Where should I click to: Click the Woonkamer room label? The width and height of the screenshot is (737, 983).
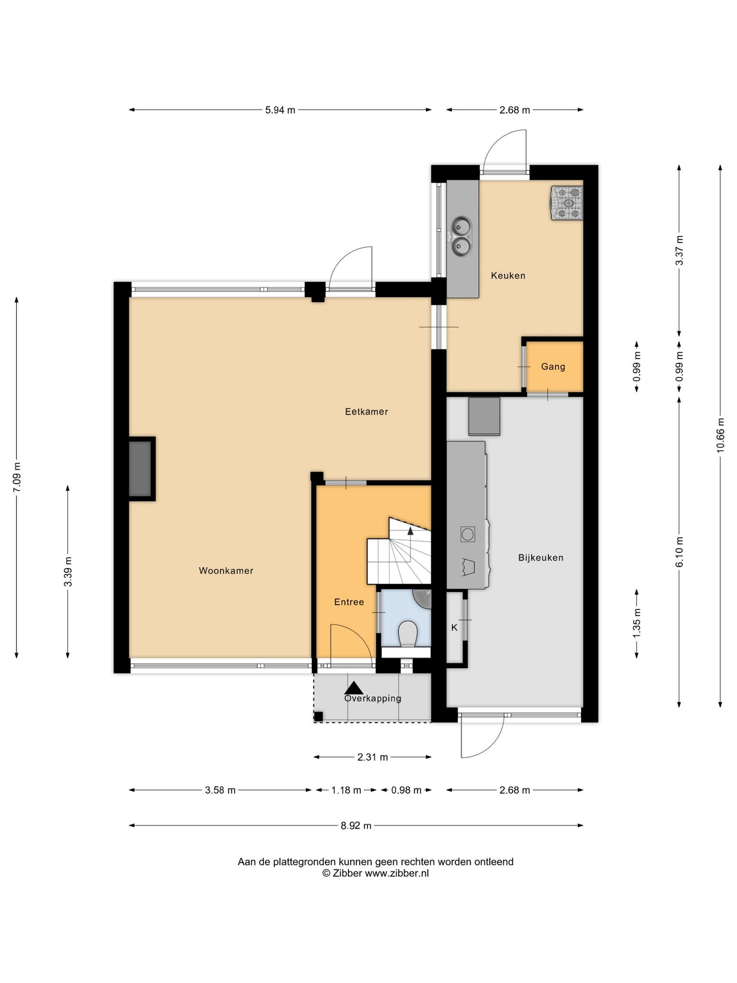(226, 571)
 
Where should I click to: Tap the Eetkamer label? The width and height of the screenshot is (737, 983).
(367, 411)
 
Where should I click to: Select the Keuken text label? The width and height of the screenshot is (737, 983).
(508, 276)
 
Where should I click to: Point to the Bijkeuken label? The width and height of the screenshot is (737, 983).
(541, 557)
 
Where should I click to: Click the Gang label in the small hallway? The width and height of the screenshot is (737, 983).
(553, 367)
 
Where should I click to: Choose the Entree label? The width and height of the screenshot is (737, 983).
(349, 602)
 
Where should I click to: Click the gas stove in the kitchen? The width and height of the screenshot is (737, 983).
(567, 203)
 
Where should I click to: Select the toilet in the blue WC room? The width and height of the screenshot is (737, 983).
(408, 633)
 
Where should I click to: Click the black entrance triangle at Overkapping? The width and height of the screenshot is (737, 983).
(354, 688)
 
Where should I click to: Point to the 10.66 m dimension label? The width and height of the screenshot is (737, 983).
(720, 435)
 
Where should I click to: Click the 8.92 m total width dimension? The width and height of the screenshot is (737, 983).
(356, 826)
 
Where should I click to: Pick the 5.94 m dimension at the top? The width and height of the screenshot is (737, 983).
(280, 110)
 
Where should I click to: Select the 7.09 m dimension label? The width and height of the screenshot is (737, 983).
(17, 477)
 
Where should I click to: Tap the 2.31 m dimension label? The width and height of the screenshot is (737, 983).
(372, 757)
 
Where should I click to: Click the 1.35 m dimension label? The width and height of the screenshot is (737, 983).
(637, 623)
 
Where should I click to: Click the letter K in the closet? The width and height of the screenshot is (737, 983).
(454, 627)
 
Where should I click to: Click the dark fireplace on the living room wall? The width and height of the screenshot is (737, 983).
(140, 469)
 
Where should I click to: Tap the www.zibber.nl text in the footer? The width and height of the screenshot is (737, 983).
(397, 873)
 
